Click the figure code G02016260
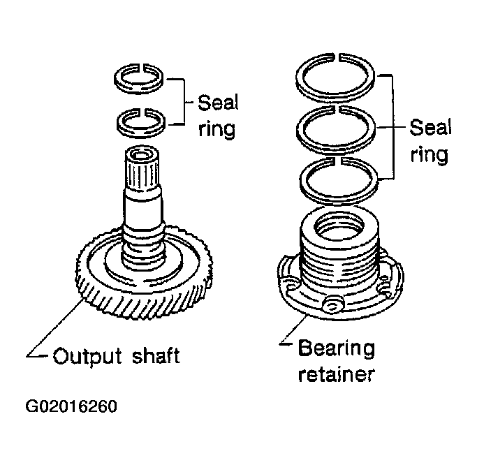click(71, 406)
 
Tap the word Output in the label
click(87, 355)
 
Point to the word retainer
click(336, 374)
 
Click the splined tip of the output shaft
click(142, 169)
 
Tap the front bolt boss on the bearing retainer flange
click(332, 305)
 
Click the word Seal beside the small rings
click(218, 103)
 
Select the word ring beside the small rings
click(217, 130)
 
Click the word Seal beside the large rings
click(430, 127)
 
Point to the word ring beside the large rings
click(430, 155)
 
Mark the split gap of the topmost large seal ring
click(337, 57)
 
